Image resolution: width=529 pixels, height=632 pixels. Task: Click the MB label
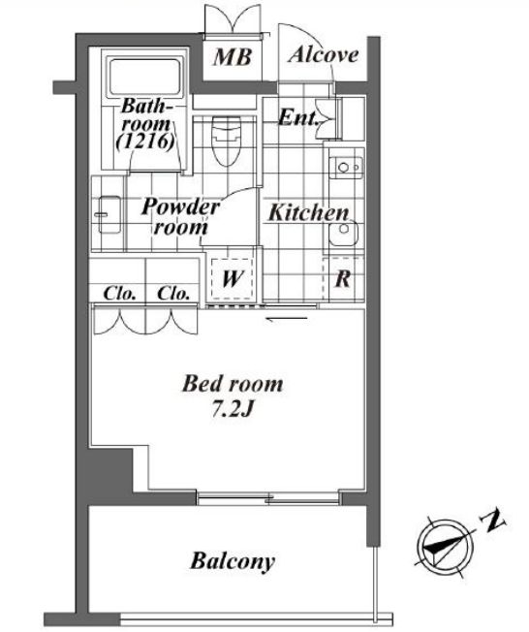[x=233, y=57]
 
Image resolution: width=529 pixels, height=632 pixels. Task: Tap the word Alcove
[x=324, y=55]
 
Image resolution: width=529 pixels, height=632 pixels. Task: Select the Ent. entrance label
[x=298, y=117]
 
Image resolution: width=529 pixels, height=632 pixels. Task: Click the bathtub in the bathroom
[x=144, y=77]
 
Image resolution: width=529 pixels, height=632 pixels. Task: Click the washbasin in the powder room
[x=109, y=214]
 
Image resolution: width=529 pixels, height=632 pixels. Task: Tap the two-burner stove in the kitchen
[x=346, y=168]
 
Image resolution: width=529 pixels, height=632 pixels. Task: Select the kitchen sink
[x=343, y=233]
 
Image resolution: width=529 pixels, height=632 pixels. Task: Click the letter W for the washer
[x=233, y=278]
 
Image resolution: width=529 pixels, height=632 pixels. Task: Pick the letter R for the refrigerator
[x=342, y=278]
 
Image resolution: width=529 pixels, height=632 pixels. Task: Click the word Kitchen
[x=308, y=212]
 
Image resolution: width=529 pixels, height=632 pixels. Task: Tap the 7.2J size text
[x=233, y=409]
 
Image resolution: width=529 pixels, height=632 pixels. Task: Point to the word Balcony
[x=233, y=561]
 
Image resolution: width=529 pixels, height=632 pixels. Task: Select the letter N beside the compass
[x=493, y=521]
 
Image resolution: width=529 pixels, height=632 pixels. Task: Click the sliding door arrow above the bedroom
[x=287, y=319]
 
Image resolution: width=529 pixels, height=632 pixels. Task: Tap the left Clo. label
[x=119, y=293]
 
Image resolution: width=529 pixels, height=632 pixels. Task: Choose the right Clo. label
[x=173, y=293]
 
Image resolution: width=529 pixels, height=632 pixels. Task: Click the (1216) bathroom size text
[x=144, y=142]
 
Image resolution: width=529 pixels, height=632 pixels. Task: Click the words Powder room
[x=180, y=216]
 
